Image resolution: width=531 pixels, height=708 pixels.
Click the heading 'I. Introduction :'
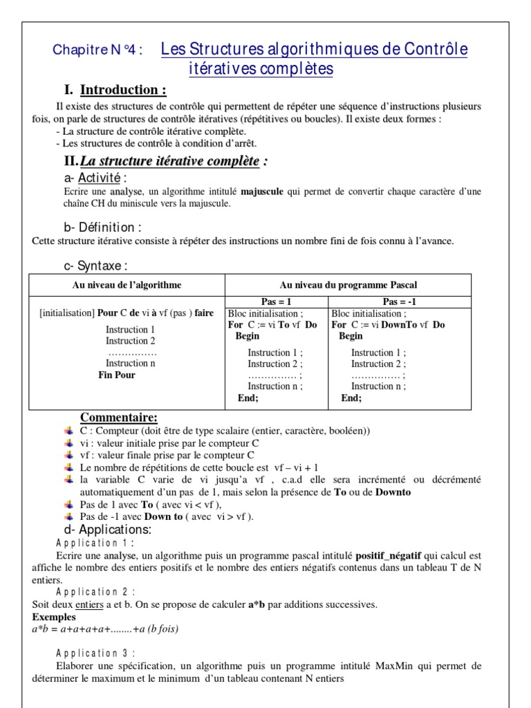pos(115,90)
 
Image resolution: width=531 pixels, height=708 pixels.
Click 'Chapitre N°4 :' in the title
pos(98,50)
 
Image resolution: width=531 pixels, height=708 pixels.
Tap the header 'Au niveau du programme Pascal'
pos(348,285)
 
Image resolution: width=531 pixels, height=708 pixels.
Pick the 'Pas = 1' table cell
pos(277,302)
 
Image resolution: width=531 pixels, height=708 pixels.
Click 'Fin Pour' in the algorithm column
pos(117,375)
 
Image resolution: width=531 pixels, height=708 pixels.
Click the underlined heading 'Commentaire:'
pos(119,417)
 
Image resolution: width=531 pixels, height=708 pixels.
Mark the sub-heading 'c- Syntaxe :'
pos(95,266)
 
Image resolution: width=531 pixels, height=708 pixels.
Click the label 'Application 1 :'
pos(95,543)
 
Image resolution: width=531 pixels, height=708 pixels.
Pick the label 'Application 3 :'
pos(95,653)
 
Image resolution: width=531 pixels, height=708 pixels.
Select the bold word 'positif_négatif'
pos(388,555)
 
